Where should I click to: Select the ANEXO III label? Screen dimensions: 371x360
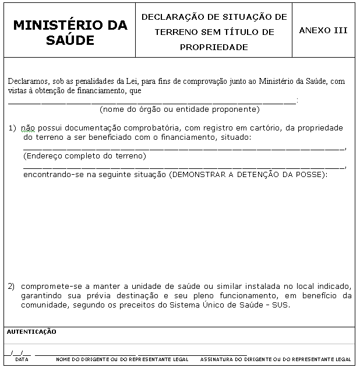coord(323,30)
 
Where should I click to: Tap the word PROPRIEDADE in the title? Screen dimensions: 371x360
coord(214,47)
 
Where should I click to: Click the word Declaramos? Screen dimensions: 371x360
coord(26,82)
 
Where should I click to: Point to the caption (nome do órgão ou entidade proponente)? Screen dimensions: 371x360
coord(179,109)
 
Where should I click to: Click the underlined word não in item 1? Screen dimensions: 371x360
coord(28,128)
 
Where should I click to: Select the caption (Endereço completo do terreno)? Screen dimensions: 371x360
coord(84,156)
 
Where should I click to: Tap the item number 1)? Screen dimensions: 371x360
coord(12,128)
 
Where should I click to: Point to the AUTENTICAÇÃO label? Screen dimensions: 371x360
coord(31,331)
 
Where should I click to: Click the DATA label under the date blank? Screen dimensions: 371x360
coord(22,359)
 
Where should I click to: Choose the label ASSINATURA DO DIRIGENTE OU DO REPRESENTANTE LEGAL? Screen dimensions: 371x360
coord(276,359)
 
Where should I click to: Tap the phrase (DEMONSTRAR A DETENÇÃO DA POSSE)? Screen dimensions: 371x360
coord(248,174)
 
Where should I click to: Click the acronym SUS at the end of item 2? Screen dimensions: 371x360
coord(281,305)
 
